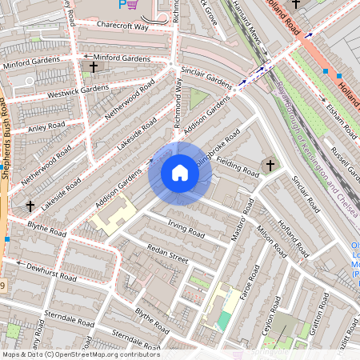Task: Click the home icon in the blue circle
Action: point(180,173)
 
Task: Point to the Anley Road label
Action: point(46,127)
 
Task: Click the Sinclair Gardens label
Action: point(206,77)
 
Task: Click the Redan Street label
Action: point(168,259)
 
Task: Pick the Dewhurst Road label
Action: point(50,272)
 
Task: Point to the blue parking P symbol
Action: point(122,5)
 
